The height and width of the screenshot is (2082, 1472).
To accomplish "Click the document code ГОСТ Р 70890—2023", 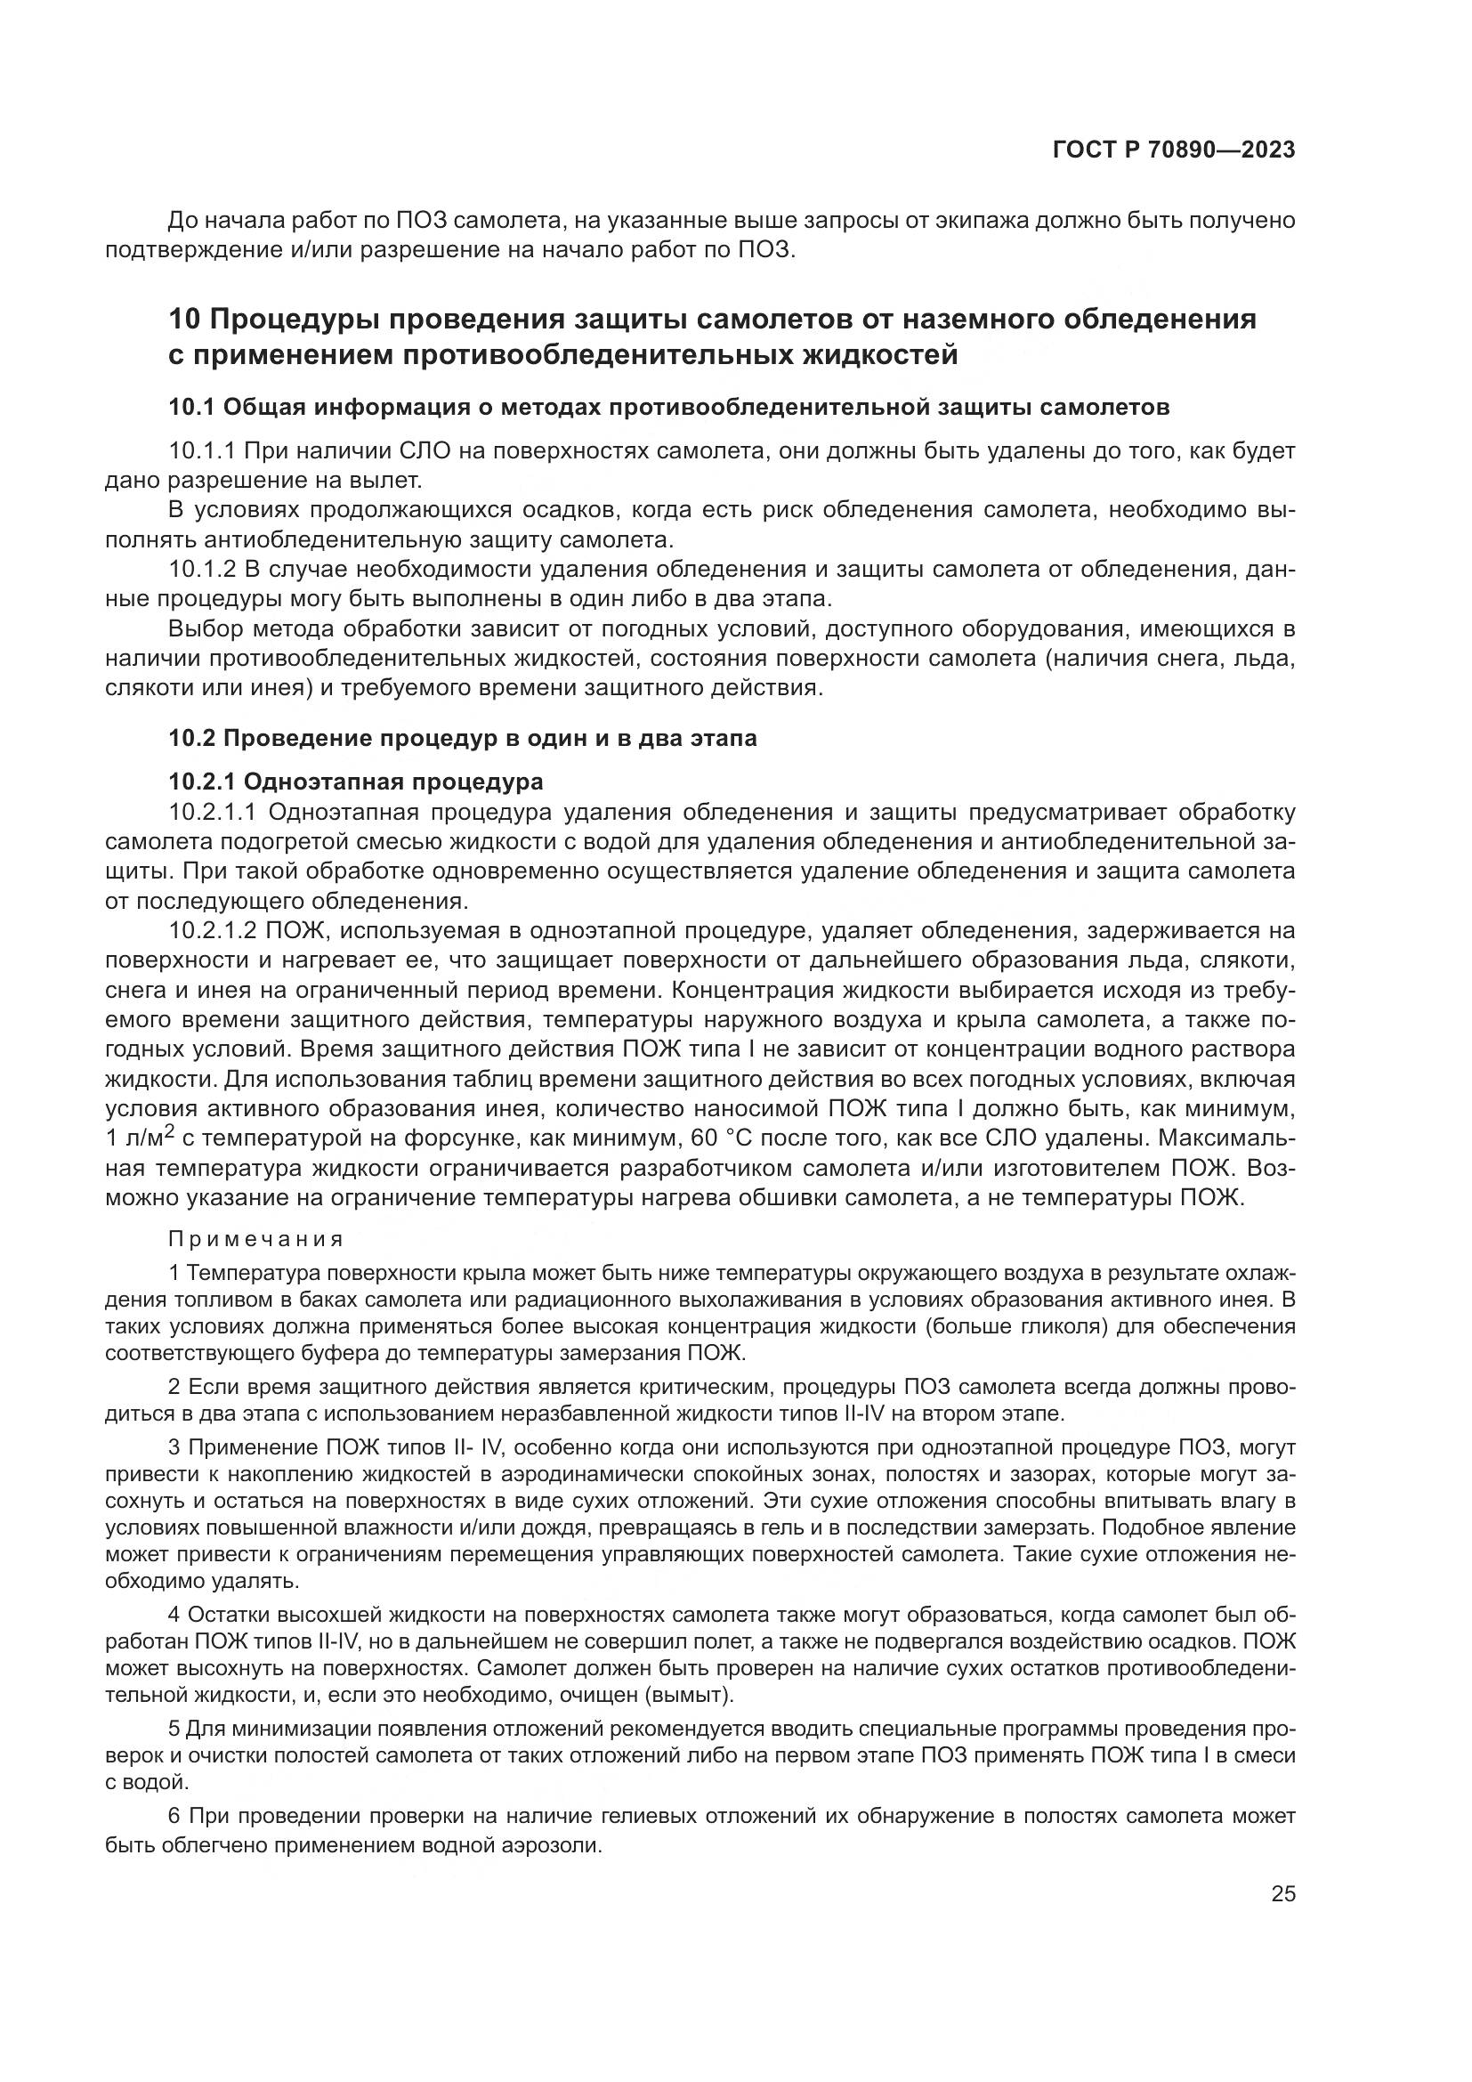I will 1174,150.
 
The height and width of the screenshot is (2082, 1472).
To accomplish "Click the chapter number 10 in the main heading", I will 185,320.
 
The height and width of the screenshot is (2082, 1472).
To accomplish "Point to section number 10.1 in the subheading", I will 190,408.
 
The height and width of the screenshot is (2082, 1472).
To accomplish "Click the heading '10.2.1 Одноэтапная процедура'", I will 356,782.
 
